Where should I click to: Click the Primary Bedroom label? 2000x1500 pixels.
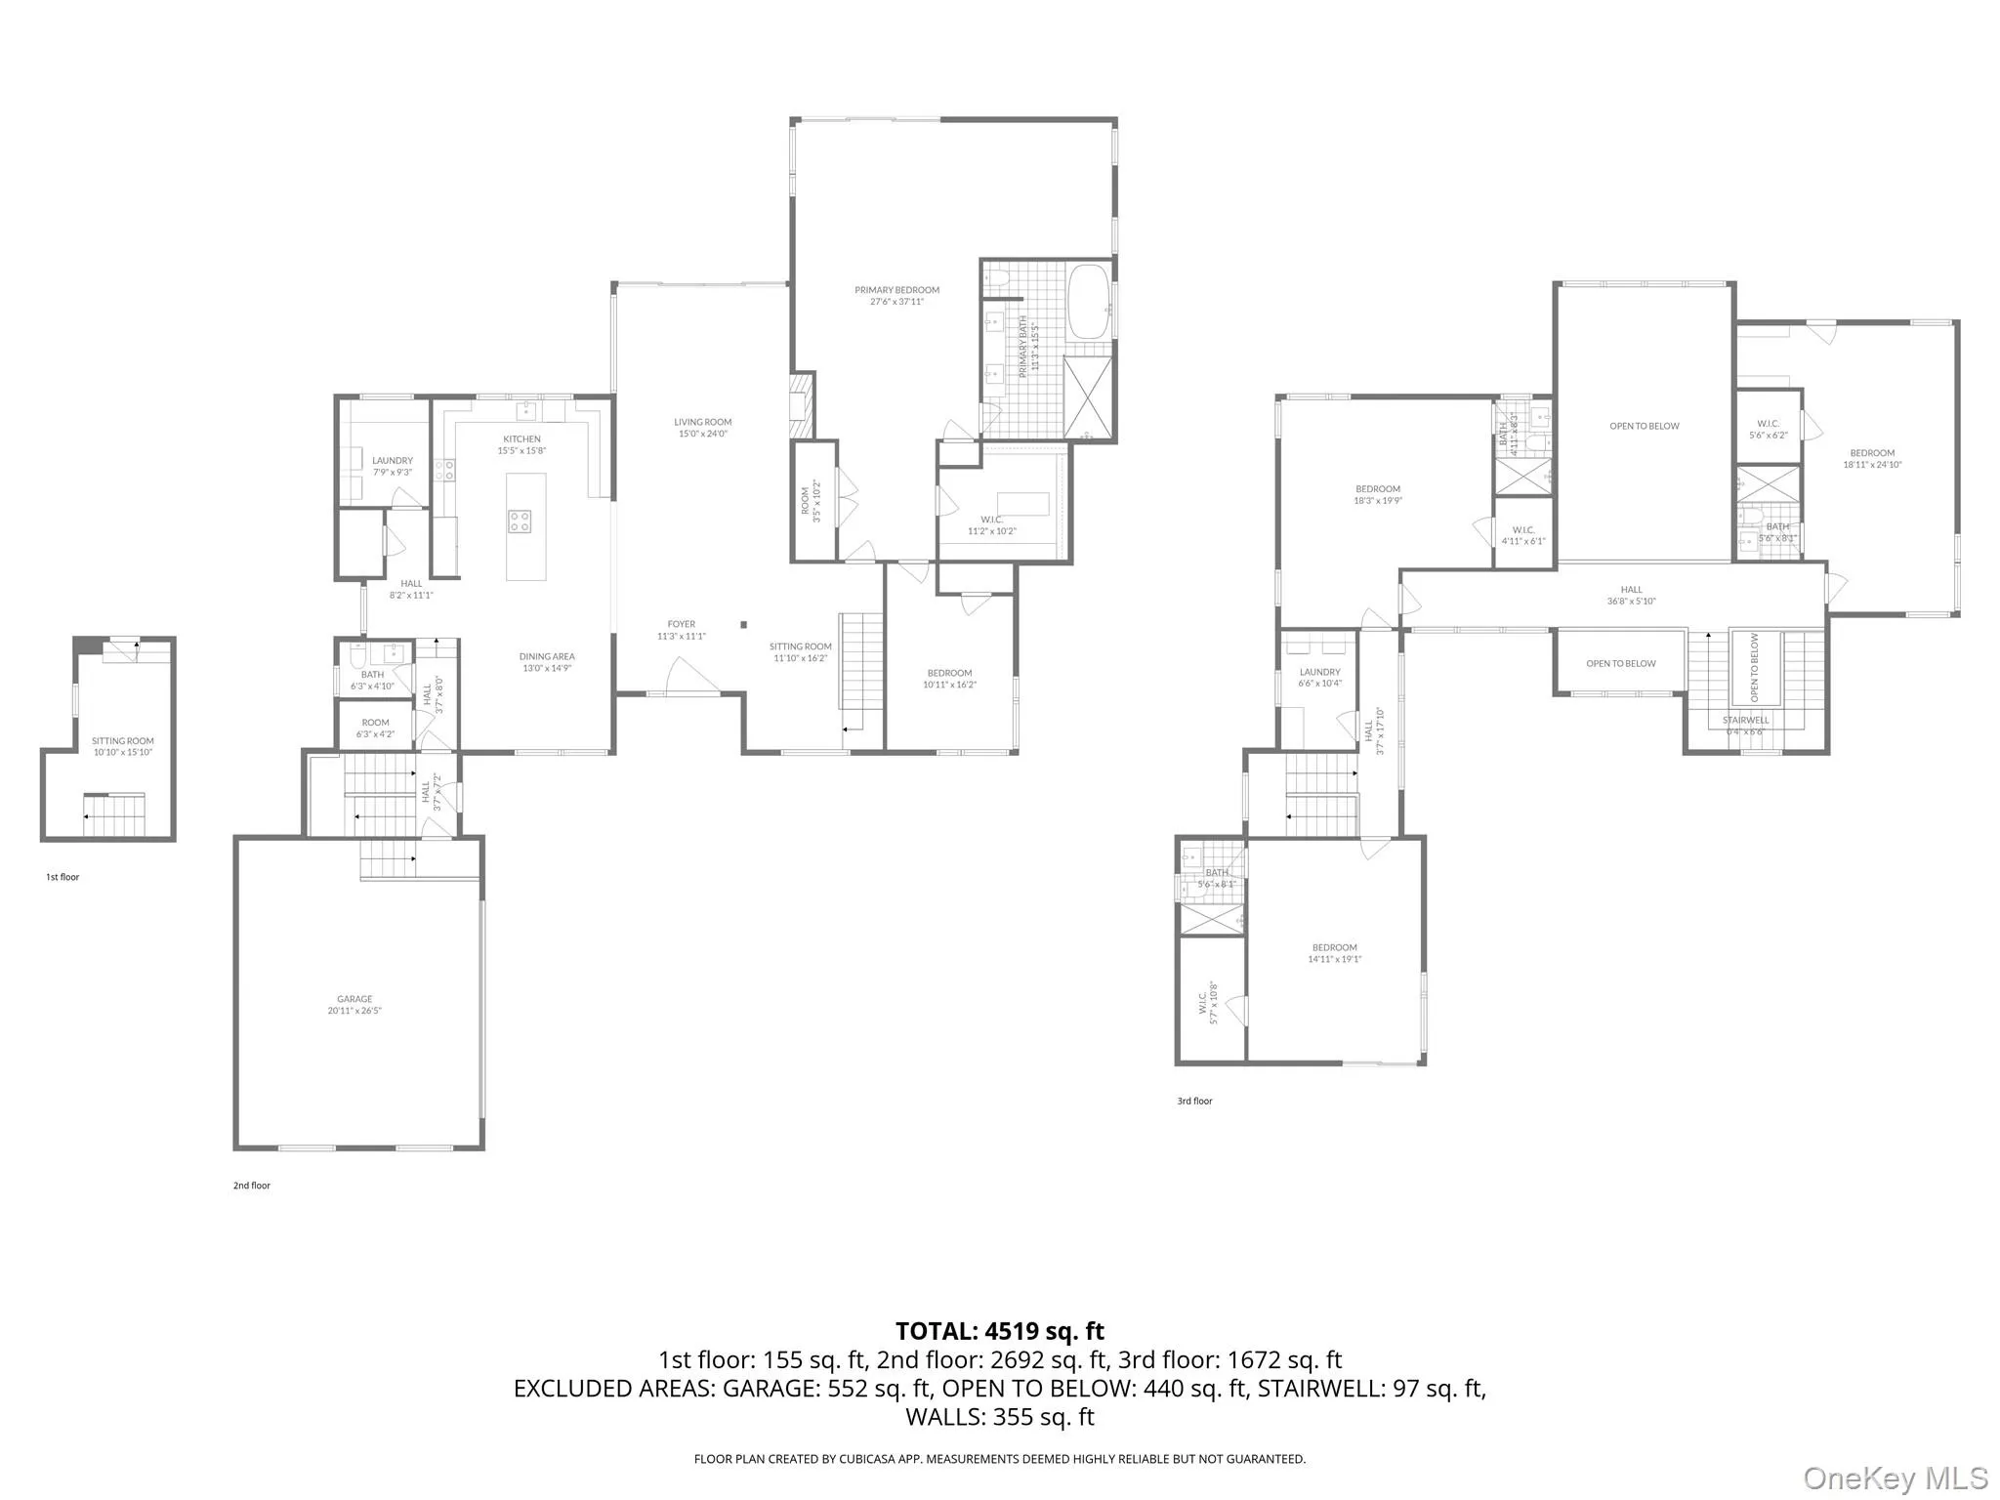click(x=896, y=295)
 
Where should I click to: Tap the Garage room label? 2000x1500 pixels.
click(x=354, y=1004)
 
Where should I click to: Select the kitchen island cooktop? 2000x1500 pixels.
click(x=520, y=521)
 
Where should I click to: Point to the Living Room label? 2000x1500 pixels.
click(x=702, y=427)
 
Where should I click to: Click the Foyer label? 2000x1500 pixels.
click(x=681, y=630)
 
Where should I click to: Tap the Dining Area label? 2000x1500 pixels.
click(x=547, y=662)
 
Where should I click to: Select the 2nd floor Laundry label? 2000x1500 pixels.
click(x=392, y=466)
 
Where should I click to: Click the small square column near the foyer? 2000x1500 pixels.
click(x=743, y=624)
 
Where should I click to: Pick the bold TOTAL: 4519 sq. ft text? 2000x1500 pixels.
click(x=1000, y=1331)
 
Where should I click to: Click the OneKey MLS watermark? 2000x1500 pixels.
click(x=1895, y=1478)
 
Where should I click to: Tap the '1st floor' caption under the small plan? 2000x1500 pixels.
click(x=62, y=877)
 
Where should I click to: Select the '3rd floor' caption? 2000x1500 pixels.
click(x=1194, y=1101)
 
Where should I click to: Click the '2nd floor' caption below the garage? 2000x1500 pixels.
click(x=252, y=1186)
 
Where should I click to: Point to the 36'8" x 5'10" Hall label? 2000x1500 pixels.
click(x=1631, y=595)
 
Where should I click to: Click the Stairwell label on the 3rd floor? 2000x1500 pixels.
click(x=1745, y=721)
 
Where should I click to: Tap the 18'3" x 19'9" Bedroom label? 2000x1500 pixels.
click(x=1377, y=494)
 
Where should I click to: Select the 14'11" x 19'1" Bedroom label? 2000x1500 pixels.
click(x=1334, y=953)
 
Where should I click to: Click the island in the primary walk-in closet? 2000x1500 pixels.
click(x=1022, y=504)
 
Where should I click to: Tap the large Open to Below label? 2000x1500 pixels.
click(x=1645, y=426)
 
